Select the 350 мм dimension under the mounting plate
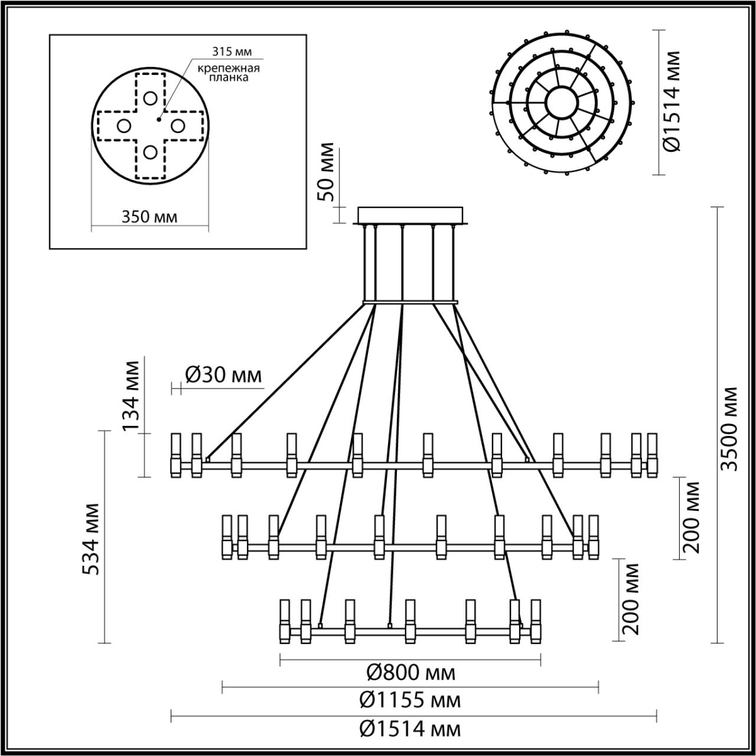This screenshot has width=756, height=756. pos(149,217)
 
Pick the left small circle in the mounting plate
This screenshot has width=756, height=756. pos(123,125)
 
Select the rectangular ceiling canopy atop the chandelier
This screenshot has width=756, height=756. pos(410,214)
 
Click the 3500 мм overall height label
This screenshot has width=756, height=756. pos(731,428)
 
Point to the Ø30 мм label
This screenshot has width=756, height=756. pos(223,374)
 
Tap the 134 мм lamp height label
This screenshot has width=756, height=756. pos(132,395)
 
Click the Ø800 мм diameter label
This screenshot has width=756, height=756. pos(411,672)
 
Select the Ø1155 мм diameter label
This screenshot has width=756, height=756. pos(410,700)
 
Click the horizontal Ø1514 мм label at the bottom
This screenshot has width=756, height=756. pos(410,729)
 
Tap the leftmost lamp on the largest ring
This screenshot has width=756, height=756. pos(175,454)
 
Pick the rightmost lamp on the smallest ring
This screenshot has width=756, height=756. pos(536,622)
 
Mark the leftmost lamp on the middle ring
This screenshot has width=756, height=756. pos(226,536)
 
